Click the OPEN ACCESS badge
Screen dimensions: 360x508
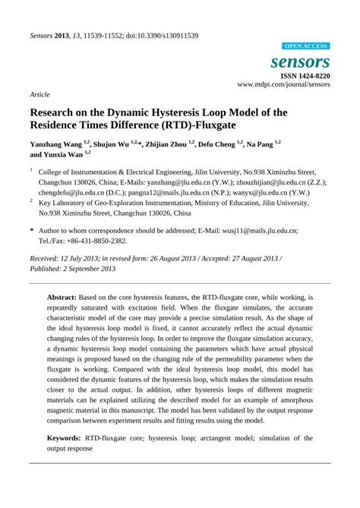coord(305,46)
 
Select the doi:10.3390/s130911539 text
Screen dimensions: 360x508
coord(161,36)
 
